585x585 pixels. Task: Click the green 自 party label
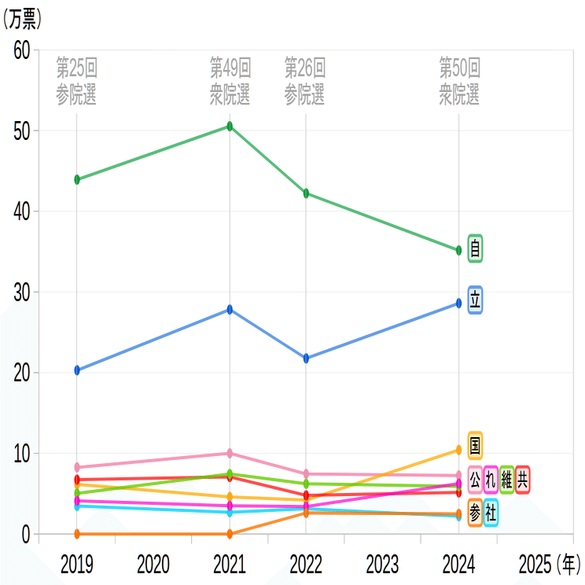475,248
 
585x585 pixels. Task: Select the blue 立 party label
475,300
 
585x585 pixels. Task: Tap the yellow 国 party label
475,446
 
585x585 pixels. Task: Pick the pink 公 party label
475,478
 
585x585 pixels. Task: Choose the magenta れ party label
491,478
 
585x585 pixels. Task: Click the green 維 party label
506,478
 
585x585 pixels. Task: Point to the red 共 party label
523,478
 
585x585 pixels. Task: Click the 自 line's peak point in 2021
230,126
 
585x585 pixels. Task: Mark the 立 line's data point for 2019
77,370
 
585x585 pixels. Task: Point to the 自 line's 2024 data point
458,251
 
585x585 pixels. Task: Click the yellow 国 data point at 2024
458,451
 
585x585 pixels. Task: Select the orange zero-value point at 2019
77,534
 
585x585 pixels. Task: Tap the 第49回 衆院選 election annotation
230,81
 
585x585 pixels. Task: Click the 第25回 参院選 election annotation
77,81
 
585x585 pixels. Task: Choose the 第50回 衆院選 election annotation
459,81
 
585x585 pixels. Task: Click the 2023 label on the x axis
382,564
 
